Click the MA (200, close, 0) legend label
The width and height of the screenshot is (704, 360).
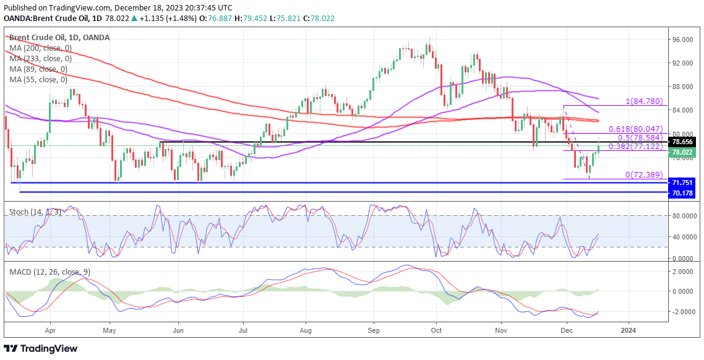[x=40, y=48]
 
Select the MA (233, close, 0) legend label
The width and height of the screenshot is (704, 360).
[x=40, y=59]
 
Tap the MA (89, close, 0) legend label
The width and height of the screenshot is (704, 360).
[x=38, y=69]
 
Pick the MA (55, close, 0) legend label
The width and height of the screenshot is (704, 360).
[x=38, y=80]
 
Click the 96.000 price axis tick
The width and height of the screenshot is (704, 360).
[x=684, y=40]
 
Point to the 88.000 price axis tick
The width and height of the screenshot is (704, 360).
[x=684, y=87]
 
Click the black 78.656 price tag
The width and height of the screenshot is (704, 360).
[x=684, y=141]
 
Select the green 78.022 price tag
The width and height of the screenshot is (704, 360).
[x=684, y=152]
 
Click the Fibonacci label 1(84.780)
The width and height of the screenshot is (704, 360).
[x=645, y=101]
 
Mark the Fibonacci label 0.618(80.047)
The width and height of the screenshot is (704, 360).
[x=635, y=129]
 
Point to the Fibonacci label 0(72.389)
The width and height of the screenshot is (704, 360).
[x=646, y=175]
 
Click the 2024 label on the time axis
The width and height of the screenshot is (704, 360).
[x=629, y=329]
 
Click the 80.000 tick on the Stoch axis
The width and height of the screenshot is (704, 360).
[x=684, y=216]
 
